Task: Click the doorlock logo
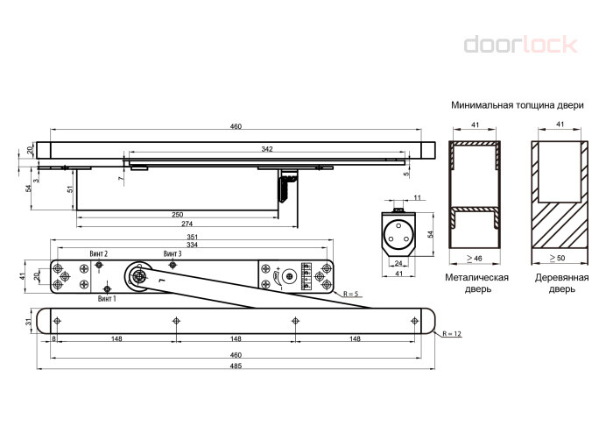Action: pyautogui.click(x=520, y=44)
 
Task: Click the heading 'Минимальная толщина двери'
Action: pyautogui.click(x=518, y=105)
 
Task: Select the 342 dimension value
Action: pyautogui.click(x=267, y=149)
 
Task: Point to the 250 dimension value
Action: pyautogui.click(x=178, y=215)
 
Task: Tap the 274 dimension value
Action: pyautogui.click(x=187, y=224)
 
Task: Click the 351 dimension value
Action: pyautogui.click(x=192, y=237)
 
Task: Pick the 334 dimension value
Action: pyautogui.click(x=192, y=245)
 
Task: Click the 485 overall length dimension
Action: pyautogui.click(x=236, y=366)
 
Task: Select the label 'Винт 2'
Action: pyautogui.click(x=98, y=253)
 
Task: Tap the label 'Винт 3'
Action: pyautogui.click(x=173, y=253)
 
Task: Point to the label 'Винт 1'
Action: pyautogui.click(x=107, y=299)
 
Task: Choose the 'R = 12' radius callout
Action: pyautogui.click(x=452, y=334)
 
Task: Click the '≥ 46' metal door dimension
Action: pyautogui.click(x=475, y=258)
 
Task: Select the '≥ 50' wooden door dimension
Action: pyautogui.click(x=557, y=258)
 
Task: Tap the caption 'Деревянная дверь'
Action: pyautogui.click(x=562, y=283)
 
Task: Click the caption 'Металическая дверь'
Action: pyautogui.click(x=477, y=283)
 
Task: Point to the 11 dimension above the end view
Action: pyautogui.click(x=418, y=197)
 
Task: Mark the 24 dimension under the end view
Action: pyautogui.click(x=398, y=263)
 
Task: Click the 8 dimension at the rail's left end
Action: pyautogui.click(x=53, y=338)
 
